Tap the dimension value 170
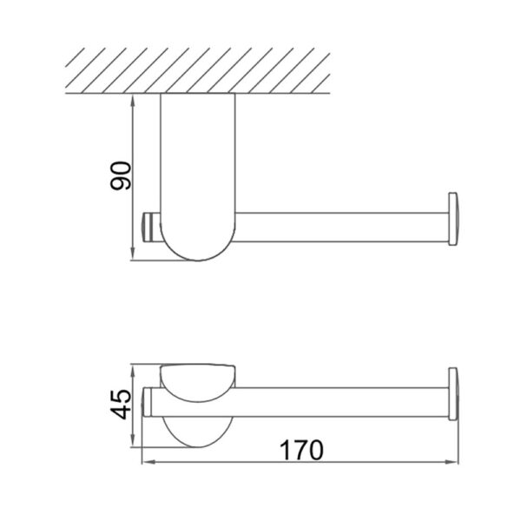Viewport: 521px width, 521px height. [302, 451]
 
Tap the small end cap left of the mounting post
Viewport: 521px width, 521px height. [149, 228]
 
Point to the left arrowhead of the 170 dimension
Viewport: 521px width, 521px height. [147, 463]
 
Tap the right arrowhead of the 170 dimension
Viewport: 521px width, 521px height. [458, 463]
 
